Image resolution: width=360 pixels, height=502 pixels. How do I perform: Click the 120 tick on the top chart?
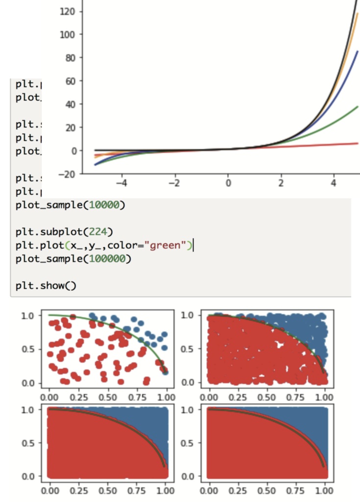click(67, 11)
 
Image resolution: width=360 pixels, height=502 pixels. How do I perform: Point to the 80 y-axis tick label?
click(69, 58)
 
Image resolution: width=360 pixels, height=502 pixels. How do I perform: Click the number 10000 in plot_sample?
click(103, 205)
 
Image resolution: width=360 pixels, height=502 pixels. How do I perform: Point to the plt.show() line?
click(46, 286)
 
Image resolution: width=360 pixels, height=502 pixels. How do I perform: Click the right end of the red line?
click(358, 143)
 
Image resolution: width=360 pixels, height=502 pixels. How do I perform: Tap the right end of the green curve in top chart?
click(358, 106)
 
